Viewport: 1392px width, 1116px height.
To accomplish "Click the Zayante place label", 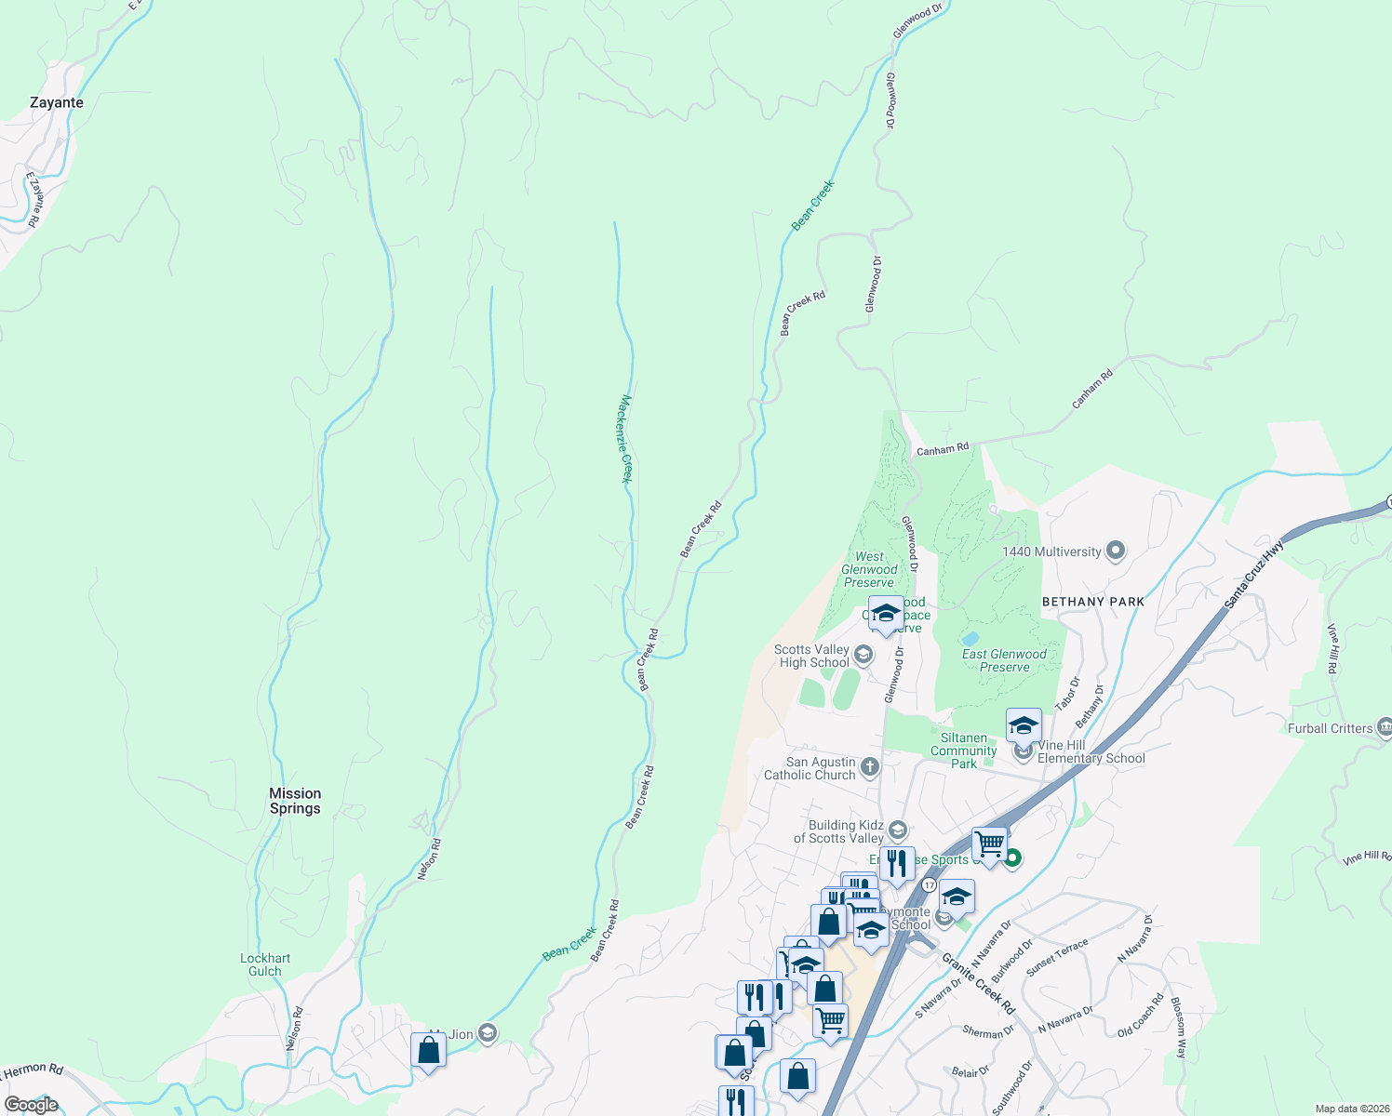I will [x=57, y=103].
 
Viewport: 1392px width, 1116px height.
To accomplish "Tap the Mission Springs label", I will [x=295, y=801].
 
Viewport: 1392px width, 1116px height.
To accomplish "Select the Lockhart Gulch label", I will [x=265, y=964].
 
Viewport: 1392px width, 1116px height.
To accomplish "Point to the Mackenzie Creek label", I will [x=626, y=439].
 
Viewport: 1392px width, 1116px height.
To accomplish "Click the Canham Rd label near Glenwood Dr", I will [x=943, y=450].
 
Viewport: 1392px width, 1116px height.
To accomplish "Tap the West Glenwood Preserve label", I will [x=869, y=570].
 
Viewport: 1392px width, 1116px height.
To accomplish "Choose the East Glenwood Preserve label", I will [x=1004, y=660].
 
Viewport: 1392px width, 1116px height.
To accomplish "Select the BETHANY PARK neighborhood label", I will [x=1093, y=602].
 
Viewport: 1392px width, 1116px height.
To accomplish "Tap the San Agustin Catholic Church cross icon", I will [x=870, y=767].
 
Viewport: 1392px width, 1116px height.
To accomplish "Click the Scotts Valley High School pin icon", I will [x=863, y=655].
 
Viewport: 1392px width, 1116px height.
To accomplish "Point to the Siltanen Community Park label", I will [x=963, y=751].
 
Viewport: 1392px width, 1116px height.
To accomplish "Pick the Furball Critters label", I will [x=1330, y=728].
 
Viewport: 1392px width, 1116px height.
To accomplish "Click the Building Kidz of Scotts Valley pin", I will [x=898, y=830].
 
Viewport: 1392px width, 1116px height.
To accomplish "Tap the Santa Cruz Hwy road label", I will [x=1253, y=577].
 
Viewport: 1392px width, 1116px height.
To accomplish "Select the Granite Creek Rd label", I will [x=978, y=983].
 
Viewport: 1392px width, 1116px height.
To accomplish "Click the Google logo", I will [x=31, y=1105].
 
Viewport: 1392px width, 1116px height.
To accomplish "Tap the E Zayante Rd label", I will [x=35, y=199].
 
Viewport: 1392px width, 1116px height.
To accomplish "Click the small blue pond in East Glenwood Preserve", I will [x=971, y=639].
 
